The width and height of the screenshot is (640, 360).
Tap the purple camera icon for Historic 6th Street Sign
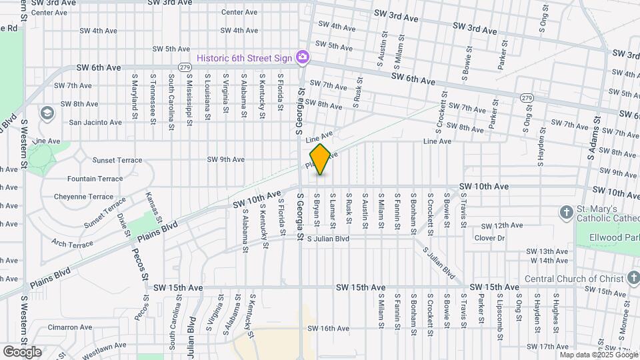(302, 57)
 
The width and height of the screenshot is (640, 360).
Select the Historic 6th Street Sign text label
(245, 58)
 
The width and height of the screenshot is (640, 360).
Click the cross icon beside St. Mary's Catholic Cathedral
(566, 212)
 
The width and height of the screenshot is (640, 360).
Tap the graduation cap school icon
(47, 113)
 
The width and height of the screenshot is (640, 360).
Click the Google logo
(22, 351)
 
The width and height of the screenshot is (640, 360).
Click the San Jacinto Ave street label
(95, 122)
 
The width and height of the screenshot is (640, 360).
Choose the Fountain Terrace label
(95, 179)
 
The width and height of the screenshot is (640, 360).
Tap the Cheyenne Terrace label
(91, 197)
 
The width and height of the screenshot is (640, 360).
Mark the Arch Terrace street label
(72, 245)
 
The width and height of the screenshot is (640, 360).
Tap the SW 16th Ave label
(329, 328)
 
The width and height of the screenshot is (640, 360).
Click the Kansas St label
(154, 207)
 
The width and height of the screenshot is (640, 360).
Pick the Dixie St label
(123, 224)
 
